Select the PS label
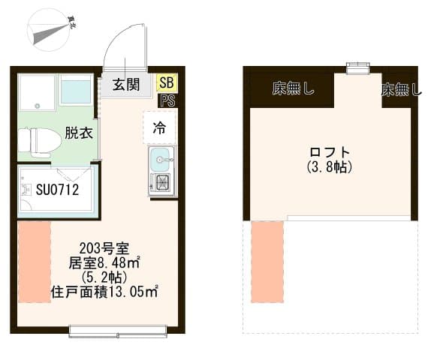(x=167, y=100)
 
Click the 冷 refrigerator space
(x=160, y=127)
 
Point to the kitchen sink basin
(x=161, y=158)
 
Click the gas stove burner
(x=161, y=182)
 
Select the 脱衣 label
(x=78, y=133)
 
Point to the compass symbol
(x=48, y=30)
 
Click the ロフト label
(x=330, y=149)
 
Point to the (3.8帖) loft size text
(x=330, y=166)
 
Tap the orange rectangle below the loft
(x=267, y=262)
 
